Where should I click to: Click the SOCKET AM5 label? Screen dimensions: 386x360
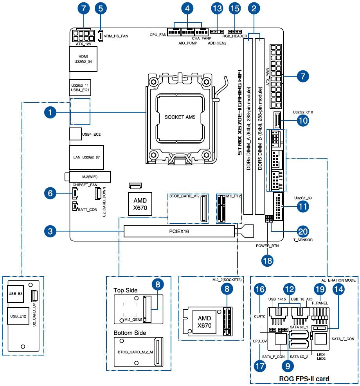click(x=180, y=117)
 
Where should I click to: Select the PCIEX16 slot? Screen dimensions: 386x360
click(x=179, y=232)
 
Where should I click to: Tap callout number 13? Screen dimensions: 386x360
click(x=216, y=8)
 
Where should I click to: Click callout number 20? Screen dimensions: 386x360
click(x=303, y=231)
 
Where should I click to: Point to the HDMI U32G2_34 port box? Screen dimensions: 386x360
click(x=83, y=59)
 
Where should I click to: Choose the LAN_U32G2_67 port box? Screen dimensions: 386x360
click(x=89, y=157)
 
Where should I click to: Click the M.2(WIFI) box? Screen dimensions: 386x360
click(x=90, y=177)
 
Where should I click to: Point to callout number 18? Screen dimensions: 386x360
click(x=268, y=260)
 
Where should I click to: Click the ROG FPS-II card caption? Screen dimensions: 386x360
click(x=304, y=379)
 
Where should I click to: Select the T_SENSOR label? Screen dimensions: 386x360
click(x=303, y=240)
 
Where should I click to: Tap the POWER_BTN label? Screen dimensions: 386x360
click(x=267, y=246)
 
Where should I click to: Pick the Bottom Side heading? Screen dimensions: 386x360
click(x=130, y=333)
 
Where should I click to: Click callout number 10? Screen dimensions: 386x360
click(x=303, y=121)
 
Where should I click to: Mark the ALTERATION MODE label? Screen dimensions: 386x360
click(x=338, y=280)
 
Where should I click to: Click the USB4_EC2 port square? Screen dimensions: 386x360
click(x=75, y=134)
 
